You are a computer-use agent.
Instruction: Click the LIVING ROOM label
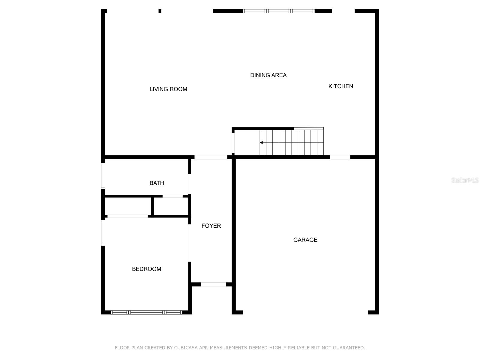coord(168,89)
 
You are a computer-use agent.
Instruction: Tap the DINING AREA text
coord(268,75)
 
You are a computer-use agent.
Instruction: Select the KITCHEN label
coord(340,86)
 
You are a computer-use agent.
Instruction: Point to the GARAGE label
coord(305,240)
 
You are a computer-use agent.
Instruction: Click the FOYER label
coord(211,226)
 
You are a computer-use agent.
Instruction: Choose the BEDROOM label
coord(146,269)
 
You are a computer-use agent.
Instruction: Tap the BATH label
coord(157,183)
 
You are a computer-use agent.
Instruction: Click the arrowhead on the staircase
coord(261,142)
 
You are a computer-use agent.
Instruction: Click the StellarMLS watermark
coord(465,180)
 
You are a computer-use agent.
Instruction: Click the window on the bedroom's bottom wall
coord(146,312)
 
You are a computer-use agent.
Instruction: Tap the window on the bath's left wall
coord(103,176)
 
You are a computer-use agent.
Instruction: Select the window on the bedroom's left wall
coord(103,233)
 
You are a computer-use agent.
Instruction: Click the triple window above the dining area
coord(278,11)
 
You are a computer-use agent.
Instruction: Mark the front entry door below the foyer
coord(213,284)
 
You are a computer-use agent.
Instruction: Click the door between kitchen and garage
coord(340,157)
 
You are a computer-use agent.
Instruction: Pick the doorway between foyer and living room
coord(211,157)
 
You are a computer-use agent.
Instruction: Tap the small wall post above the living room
coord(160,11)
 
